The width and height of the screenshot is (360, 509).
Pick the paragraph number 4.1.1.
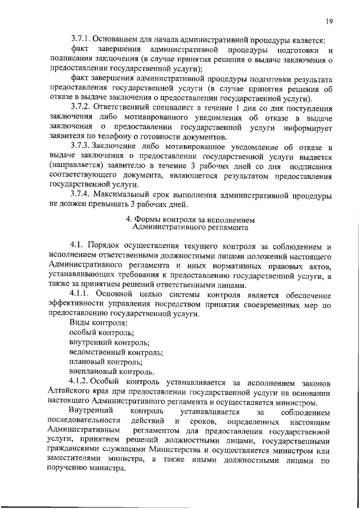click(81, 294)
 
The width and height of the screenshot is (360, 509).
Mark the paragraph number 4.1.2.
click(81, 382)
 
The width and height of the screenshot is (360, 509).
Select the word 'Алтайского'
click(71, 392)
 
